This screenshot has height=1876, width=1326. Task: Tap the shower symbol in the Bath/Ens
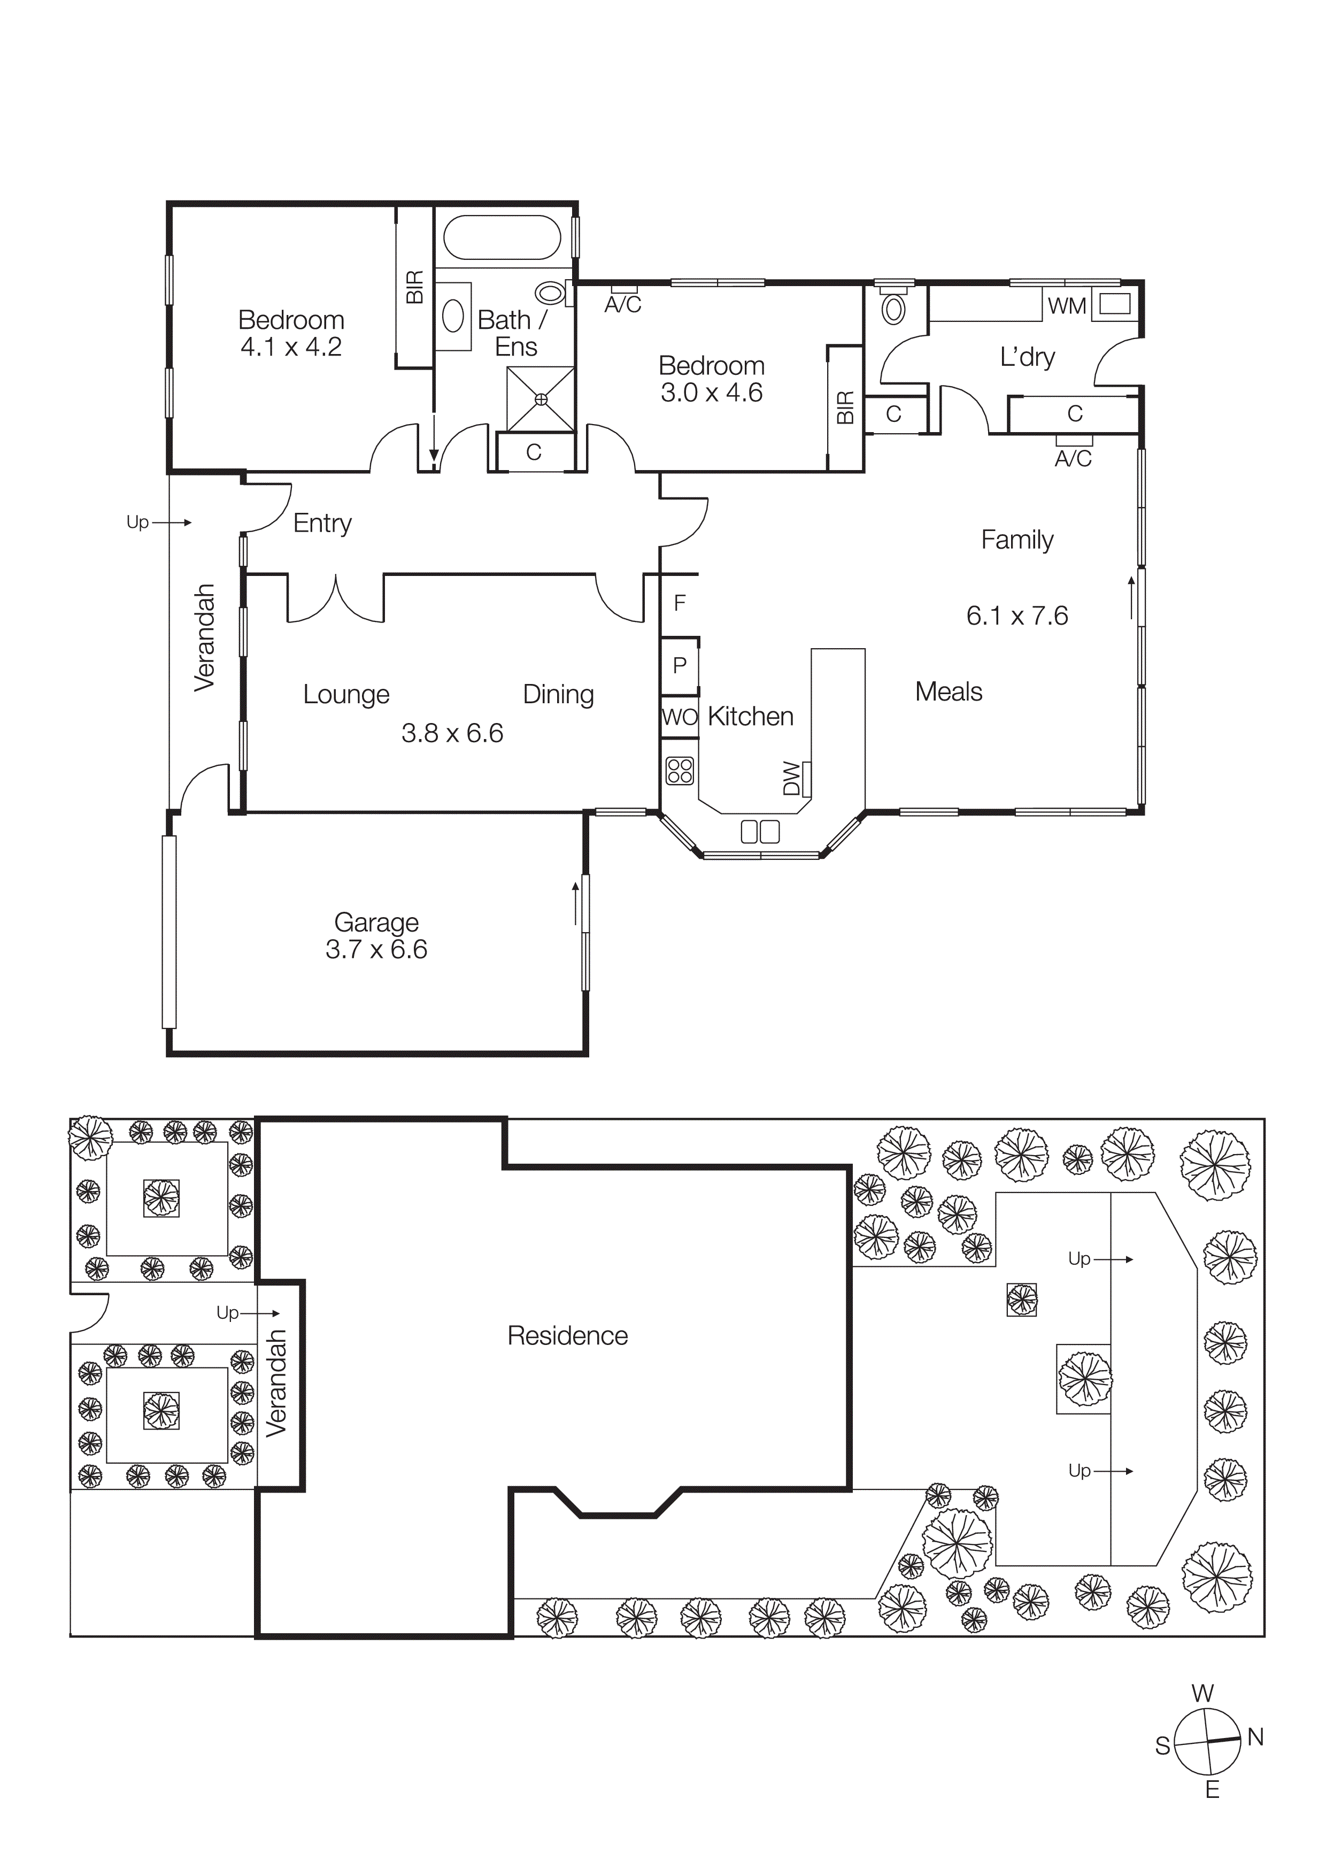pyautogui.click(x=540, y=399)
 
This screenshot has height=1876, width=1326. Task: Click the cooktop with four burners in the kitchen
pyautogui.click(x=680, y=771)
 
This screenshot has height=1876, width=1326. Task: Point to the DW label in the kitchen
pyautogui.click(x=791, y=778)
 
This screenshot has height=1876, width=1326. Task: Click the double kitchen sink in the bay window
pyautogui.click(x=760, y=832)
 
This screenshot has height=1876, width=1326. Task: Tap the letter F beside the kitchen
pyautogui.click(x=680, y=603)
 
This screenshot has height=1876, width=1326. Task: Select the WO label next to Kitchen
pyautogui.click(x=679, y=717)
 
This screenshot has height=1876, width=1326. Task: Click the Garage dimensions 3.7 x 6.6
pyautogui.click(x=376, y=949)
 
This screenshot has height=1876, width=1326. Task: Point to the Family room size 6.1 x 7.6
pyautogui.click(x=1016, y=615)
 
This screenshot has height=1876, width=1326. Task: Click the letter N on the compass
pyautogui.click(x=1256, y=1737)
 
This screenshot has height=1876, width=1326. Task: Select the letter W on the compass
pyautogui.click(x=1202, y=1693)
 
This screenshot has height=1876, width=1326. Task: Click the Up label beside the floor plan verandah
pyautogui.click(x=137, y=521)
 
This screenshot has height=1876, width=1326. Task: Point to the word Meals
pyautogui.click(x=948, y=691)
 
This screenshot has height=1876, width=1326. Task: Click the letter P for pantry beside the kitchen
pyautogui.click(x=680, y=666)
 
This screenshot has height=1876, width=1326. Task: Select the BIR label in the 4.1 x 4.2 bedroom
pyautogui.click(x=415, y=288)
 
